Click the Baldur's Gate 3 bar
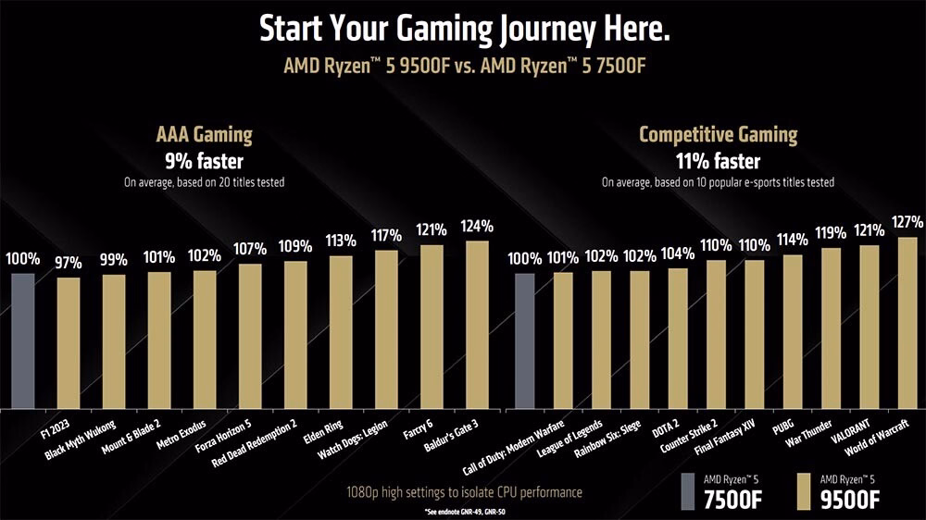tap(477, 325)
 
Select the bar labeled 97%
tap(69, 342)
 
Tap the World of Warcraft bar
tap(907, 323)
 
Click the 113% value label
tap(341, 241)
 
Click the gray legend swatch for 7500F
tap(686, 489)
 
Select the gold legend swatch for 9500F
tap(801, 489)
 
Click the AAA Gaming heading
tap(205, 135)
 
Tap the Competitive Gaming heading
tap(718, 135)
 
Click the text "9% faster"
tap(204, 161)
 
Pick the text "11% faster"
tap(718, 161)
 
